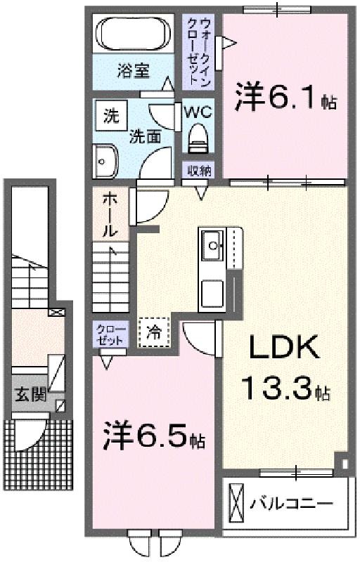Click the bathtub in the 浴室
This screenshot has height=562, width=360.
[134, 34]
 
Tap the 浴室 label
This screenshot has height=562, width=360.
[133, 71]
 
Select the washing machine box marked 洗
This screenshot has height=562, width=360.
[112, 115]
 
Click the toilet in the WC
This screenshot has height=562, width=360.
[198, 138]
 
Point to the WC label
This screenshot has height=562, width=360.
[198, 112]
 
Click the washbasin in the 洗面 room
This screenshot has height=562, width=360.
[105, 161]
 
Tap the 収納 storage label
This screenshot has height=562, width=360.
[198, 171]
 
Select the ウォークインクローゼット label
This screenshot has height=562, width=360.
[198, 51]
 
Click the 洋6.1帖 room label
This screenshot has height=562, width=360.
[285, 97]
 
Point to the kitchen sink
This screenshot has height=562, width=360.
[213, 245]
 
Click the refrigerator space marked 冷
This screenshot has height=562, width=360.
[154, 332]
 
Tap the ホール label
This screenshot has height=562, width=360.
[110, 215]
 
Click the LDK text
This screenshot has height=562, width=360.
[283, 346]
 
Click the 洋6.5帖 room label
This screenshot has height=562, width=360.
[154, 436]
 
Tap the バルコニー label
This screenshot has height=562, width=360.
[292, 504]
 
